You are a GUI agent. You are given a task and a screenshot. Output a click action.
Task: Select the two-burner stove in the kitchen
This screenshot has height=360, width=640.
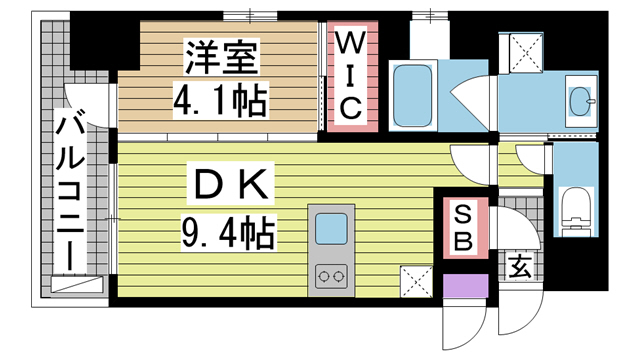(330, 274)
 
